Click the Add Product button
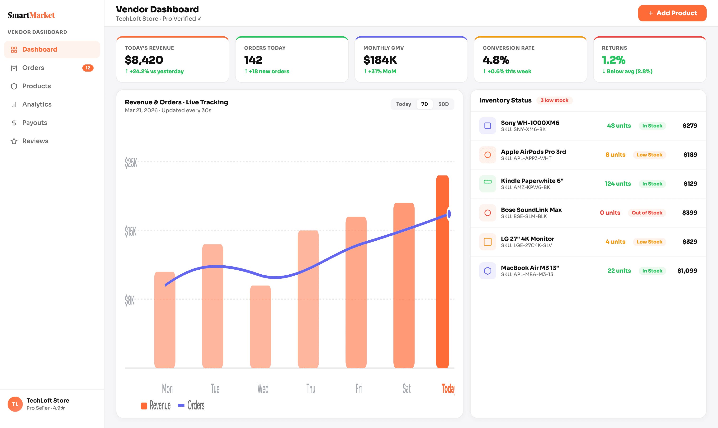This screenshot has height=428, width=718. [672, 13]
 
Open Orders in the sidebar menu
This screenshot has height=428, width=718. [33, 68]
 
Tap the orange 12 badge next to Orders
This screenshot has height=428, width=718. [88, 68]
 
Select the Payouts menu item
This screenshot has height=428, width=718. [35, 122]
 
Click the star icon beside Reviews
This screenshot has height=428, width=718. [14, 141]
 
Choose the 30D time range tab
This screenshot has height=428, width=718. [443, 104]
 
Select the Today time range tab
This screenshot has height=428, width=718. [403, 104]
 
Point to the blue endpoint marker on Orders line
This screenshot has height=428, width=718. [449, 214]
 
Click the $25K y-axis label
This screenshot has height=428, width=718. [131, 162]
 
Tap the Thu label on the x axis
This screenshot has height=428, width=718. [311, 389]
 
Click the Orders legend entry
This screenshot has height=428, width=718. [192, 405]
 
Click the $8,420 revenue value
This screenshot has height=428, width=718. [144, 60]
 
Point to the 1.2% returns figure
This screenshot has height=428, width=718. [614, 60]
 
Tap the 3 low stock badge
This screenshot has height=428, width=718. [554, 100]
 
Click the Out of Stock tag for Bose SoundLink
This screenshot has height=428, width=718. [647, 213]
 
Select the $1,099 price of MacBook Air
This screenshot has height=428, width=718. [687, 271]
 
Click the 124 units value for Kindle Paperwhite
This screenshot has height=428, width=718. [618, 184]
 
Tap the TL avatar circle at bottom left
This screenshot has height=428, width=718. [15, 404]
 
